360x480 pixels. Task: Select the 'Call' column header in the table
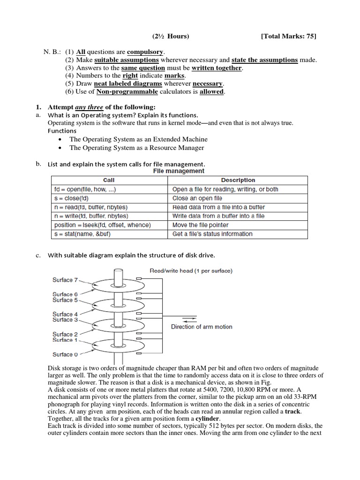(x=108, y=180)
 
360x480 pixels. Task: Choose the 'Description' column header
(x=238, y=180)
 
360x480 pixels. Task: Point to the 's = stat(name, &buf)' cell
(x=82, y=234)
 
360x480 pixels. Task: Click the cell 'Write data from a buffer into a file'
(x=218, y=216)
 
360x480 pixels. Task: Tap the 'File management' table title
(x=179, y=171)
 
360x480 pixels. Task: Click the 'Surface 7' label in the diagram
(x=62, y=280)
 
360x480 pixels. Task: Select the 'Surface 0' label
(x=62, y=354)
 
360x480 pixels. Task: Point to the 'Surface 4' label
(x=62, y=314)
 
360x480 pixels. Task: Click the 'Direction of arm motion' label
(x=202, y=327)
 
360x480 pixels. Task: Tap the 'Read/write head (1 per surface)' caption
(x=191, y=270)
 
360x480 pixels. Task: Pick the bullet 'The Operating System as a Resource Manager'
(x=137, y=148)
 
